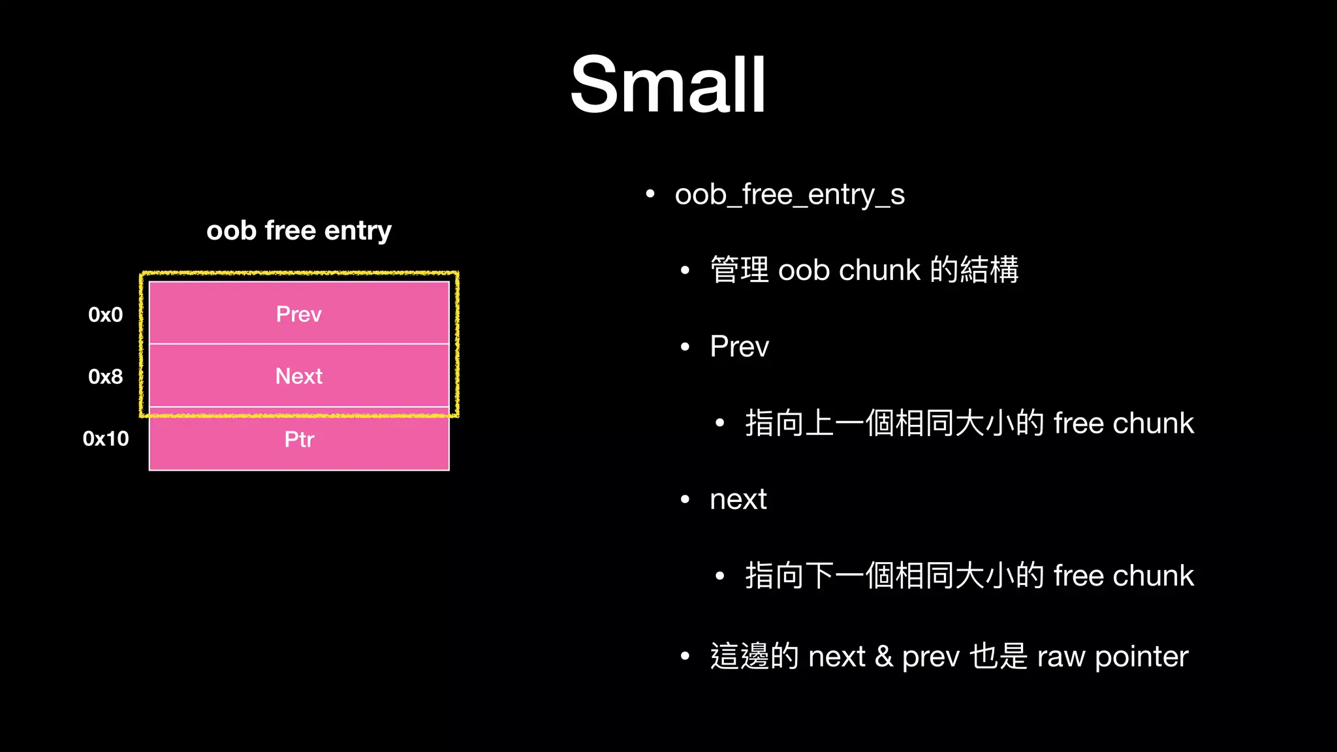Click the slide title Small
pyautogui.click(x=668, y=85)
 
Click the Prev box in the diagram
pyautogui.click(x=299, y=314)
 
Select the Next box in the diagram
pyautogui.click(x=299, y=376)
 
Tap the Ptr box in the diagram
pyautogui.click(x=299, y=439)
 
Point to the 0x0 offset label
pyautogui.click(x=106, y=315)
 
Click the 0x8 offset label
pyautogui.click(x=106, y=377)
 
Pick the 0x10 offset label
pyautogui.click(x=106, y=439)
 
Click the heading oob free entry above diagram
pyautogui.click(x=299, y=230)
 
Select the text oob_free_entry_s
pyautogui.click(x=790, y=195)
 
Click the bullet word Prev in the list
pyautogui.click(x=739, y=347)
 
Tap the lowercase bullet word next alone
pyautogui.click(x=738, y=500)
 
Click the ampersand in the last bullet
pyautogui.click(x=884, y=656)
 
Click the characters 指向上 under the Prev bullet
pyautogui.click(x=790, y=423)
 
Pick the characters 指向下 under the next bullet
pyautogui.click(x=790, y=576)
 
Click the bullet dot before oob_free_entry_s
pyautogui.click(x=650, y=194)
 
